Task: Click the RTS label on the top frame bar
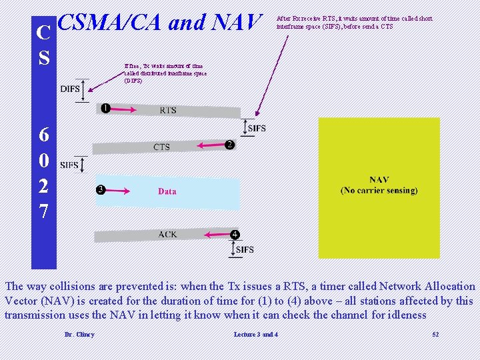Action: (168, 110)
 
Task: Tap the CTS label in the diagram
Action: (161, 147)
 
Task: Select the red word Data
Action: (167, 191)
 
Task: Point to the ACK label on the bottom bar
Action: (167, 234)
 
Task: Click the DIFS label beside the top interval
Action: (70, 89)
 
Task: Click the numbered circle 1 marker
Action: (105, 108)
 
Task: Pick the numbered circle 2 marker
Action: (229, 145)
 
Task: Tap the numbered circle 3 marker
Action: (101, 189)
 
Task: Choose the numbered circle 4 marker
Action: (235, 235)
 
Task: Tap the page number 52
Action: (435, 334)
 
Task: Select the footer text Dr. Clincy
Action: (79, 334)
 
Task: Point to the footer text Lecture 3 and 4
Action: (256, 334)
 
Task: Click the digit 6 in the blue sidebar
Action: (44, 135)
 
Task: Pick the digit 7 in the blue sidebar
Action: (44, 212)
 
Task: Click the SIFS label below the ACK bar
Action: (245, 250)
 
